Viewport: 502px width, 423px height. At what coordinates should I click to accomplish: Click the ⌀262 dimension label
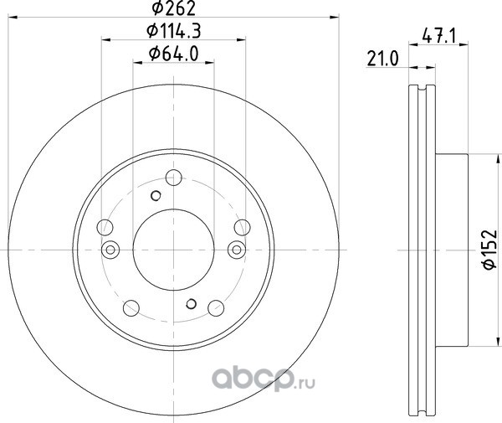(174, 8)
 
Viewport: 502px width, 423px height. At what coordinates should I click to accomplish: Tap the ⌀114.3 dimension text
(174, 31)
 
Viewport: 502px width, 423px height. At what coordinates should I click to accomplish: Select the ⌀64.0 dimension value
(174, 54)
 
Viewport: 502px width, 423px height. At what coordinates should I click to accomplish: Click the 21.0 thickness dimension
(383, 59)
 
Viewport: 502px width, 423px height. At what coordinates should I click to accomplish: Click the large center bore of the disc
(173, 250)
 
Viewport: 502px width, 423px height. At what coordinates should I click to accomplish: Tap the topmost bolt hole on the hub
(174, 178)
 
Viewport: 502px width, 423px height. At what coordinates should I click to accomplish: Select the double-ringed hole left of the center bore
(110, 250)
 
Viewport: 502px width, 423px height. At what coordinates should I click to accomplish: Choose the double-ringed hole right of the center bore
(237, 250)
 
